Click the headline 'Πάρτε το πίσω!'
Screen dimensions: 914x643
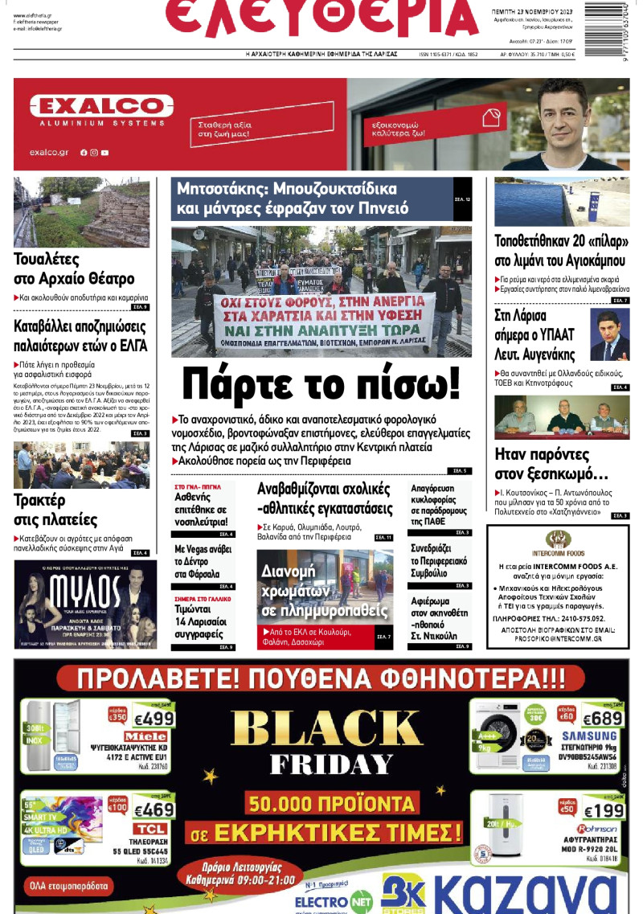point(321,383)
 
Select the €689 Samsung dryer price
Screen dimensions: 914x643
point(602,718)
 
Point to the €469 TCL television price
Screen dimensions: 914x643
point(154,809)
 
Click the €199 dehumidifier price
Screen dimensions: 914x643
point(603,810)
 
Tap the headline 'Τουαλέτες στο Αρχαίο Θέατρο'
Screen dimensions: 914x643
point(74,268)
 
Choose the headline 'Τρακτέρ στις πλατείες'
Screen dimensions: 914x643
point(55,509)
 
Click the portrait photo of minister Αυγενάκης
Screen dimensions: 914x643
point(610,334)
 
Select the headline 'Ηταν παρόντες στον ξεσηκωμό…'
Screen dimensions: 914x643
point(551,463)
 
